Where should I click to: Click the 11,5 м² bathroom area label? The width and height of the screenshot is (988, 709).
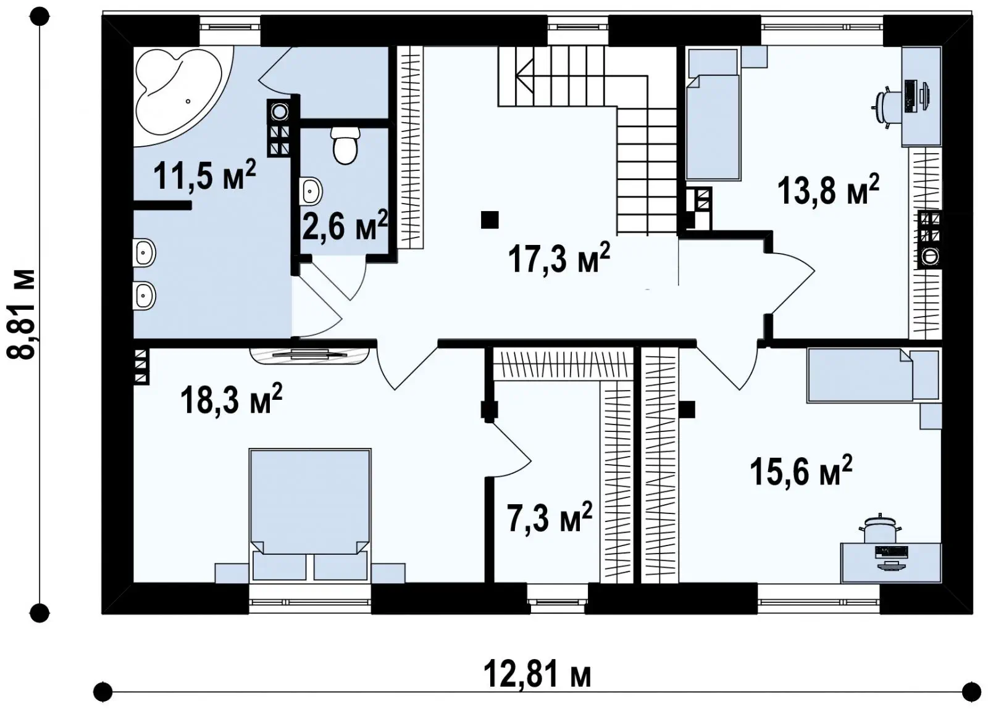pos(204,175)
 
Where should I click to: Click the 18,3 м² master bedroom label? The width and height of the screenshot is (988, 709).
pos(231,399)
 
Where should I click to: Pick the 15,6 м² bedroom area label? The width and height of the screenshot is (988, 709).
pos(801,471)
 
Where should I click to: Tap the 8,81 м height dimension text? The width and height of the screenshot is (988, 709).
pos(20,314)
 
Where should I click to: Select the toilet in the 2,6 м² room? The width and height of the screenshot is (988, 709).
pos(345,146)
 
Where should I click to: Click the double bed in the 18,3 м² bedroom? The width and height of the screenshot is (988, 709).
pos(309,515)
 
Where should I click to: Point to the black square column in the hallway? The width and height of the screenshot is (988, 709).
pos(490,220)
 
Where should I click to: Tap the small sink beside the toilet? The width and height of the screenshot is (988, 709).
pos(311,191)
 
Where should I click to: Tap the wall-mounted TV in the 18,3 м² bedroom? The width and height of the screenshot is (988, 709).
pos(309,355)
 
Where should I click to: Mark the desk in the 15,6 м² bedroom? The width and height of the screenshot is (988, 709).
pos(891,562)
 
